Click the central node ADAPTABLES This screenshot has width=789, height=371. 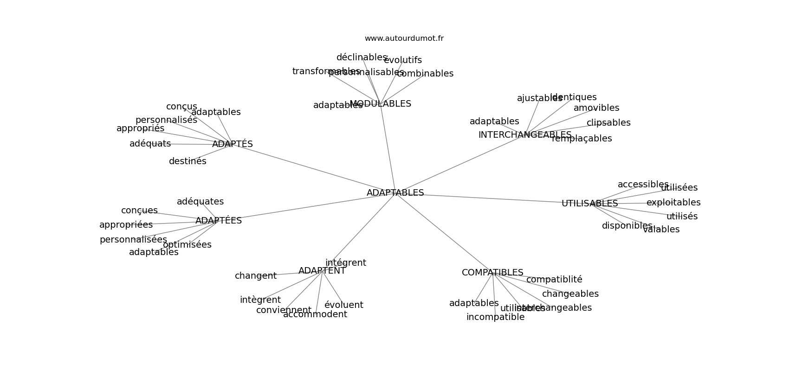395,193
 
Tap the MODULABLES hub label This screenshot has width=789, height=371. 381,104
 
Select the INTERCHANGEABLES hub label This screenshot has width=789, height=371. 524,135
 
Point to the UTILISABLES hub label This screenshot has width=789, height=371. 589,204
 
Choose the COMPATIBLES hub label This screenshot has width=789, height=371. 492,273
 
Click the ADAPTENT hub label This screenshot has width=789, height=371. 322,271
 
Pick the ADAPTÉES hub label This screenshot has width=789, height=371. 219,221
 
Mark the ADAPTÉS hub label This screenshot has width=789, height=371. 233,144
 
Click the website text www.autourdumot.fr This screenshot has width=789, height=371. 404,38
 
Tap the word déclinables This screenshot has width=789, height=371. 362,58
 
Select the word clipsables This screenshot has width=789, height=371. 608,123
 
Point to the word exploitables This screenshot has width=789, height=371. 673,203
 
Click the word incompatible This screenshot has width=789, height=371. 495,317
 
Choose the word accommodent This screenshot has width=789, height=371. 315,314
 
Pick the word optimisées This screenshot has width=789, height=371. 187,245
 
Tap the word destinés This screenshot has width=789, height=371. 188,161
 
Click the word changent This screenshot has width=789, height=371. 256,276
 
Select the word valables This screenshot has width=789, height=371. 661,230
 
